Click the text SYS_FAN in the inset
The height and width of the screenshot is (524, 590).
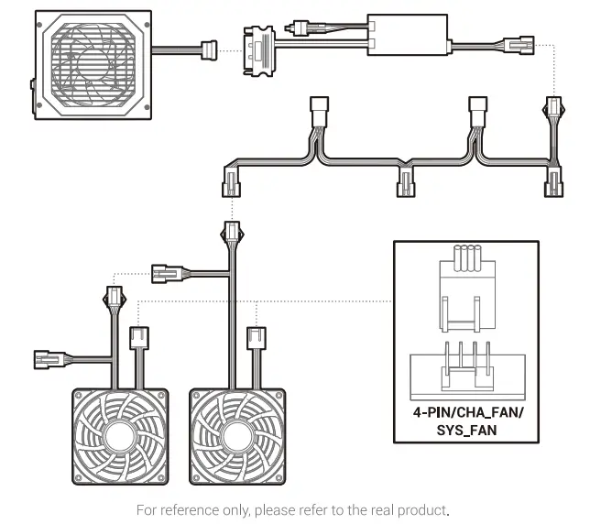tap(466, 428)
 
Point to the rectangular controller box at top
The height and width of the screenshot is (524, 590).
tap(408, 35)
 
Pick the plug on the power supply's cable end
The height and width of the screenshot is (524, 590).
tap(210, 49)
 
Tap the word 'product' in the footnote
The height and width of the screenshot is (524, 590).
tap(426, 509)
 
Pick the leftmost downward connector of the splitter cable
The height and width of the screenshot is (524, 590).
tap(231, 187)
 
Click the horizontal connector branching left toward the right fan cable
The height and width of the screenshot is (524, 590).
tap(166, 271)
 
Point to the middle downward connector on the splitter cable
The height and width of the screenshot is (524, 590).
tap(405, 185)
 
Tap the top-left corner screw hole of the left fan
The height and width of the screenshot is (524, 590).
tap(82, 396)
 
